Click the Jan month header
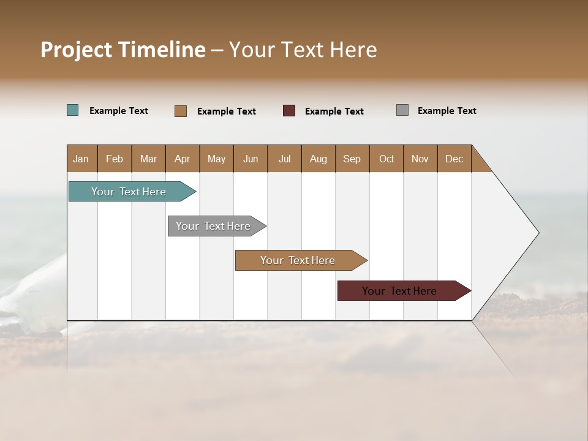tap(81, 159)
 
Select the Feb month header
tap(115, 159)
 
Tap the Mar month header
tap(148, 159)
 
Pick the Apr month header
tap(183, 159)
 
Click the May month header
tap(216, 159)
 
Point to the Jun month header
tap(251, 159)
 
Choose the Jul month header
tap(284, 159)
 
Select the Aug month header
tap(318, 159)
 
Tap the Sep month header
tap(352, 159)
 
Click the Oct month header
tap(386, 159)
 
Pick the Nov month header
tap(420, 159)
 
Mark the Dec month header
tap(454, 159)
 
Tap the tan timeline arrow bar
tap(298, 260)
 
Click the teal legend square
tap(73, 110)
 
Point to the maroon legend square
tap(289, 110)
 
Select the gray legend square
tap(402, 110)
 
